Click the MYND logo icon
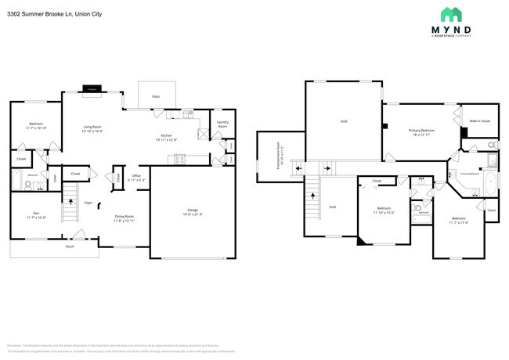point(450,15)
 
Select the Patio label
point(156,96)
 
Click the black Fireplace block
point(92,90)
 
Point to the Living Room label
point(93,128)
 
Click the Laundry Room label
point(222,123)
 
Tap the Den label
point(36,213)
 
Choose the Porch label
point(70,246)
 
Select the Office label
point(135,177)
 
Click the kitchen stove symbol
point(179,160)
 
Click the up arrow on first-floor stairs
point(71,203)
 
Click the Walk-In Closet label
point(479,121)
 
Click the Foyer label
point(88,201)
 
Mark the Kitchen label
point(166,137)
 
